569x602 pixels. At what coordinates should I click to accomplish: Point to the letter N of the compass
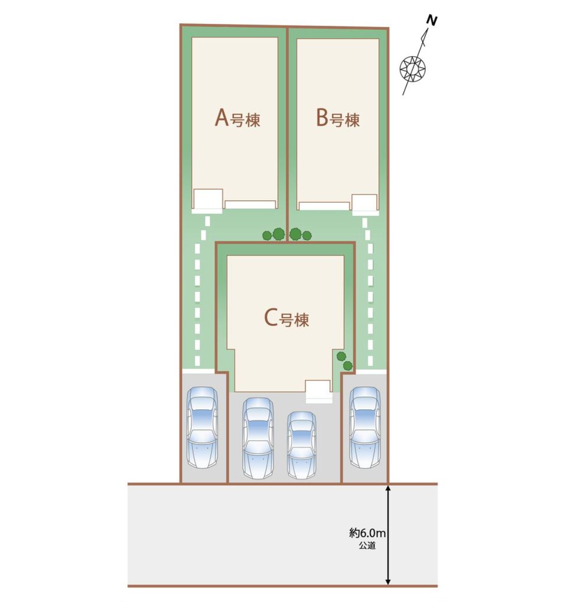click(432, 21)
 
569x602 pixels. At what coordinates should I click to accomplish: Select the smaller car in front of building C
click(301, 445)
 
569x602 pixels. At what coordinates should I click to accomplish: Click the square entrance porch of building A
click(207, 201)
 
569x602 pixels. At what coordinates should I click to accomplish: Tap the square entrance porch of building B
click(365, 203)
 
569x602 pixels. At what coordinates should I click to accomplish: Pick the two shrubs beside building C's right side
click(345, 361)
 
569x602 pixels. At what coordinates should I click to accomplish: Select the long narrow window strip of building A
click(250, 204)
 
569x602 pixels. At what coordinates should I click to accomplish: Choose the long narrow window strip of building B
click(324, 206)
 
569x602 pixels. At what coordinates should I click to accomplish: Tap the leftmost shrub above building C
click(267, 236)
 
